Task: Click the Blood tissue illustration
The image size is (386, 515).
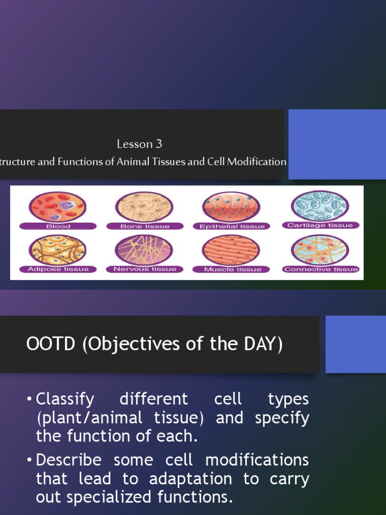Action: (57, 207)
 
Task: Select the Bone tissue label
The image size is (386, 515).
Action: (145, 226)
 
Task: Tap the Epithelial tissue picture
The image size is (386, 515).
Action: (231, 207)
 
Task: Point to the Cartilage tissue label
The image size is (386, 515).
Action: (321, 225)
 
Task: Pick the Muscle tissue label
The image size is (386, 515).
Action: (232, 269)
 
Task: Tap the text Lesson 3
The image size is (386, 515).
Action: (139, 144)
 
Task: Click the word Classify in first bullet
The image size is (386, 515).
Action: (65, 399)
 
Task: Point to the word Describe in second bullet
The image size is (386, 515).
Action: (68, 460)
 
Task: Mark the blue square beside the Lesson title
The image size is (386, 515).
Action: (337, 144)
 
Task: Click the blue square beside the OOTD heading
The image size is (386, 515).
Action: (355, 344)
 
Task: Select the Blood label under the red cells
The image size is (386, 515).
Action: (58, 226)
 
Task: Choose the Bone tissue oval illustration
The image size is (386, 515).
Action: (144, 207)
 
